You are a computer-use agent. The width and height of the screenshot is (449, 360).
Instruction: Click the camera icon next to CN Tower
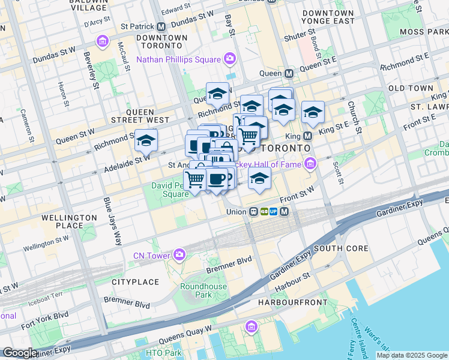tap(179, 256)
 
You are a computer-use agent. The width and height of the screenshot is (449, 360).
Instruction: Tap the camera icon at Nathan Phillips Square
tap(229, 59)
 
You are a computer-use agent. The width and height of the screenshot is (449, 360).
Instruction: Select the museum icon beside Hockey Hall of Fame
tap(310, 163)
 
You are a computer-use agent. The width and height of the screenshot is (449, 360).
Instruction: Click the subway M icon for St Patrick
tap(161, 27)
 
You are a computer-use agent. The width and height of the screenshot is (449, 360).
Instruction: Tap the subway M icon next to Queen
tap(289, 73)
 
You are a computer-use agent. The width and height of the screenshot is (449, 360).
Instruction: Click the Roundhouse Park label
tap(204, 290)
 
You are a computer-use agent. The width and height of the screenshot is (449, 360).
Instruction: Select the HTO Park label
tap(163, 353)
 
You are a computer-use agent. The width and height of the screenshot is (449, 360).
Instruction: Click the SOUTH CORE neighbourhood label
tap(336, 248)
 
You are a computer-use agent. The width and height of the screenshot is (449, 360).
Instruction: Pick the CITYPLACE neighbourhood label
tap(135, 281)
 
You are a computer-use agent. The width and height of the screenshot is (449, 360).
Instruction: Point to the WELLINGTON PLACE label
tap(70, 221)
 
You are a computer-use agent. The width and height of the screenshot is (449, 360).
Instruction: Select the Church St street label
tap(353, 116)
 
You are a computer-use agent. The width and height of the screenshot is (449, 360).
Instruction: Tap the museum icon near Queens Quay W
tap(251, 326)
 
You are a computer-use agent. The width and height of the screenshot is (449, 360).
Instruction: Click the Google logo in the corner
tap(20, 353)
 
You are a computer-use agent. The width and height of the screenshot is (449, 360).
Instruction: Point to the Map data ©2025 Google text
tap(412, 355)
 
